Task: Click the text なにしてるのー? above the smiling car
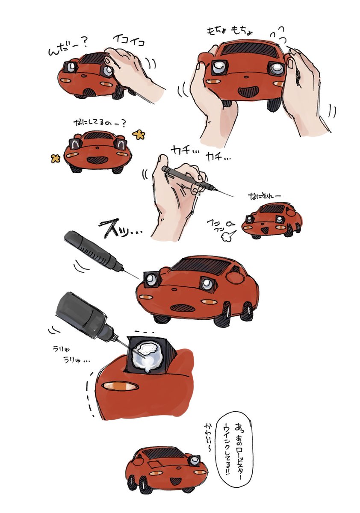click(x=99, y=123)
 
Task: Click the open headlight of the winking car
click(x=195, y=461)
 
